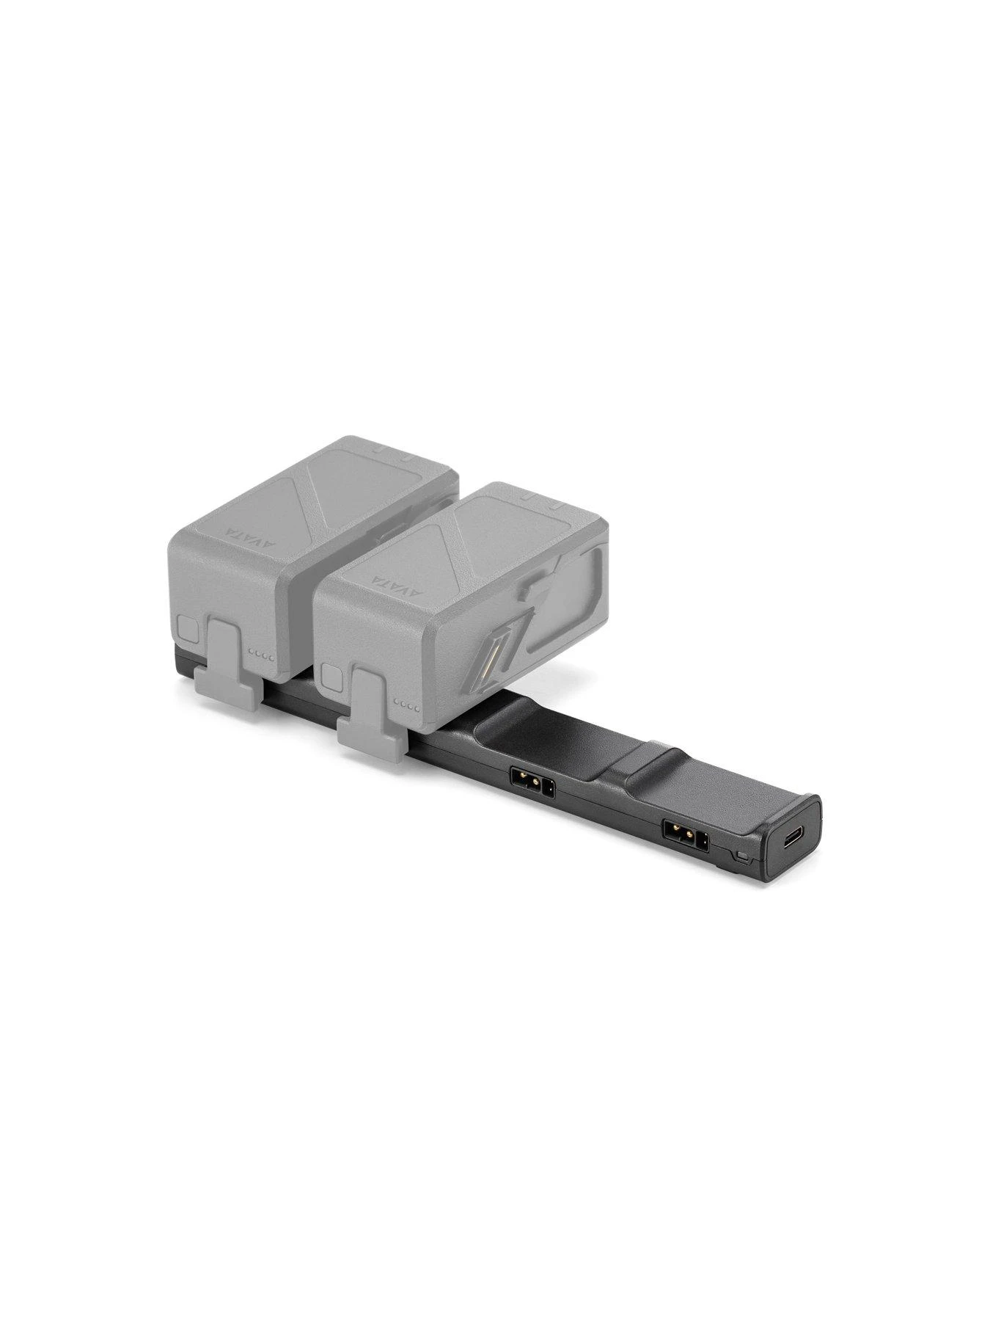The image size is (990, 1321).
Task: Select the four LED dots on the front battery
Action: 408,706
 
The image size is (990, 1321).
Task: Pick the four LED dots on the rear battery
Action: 261,655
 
